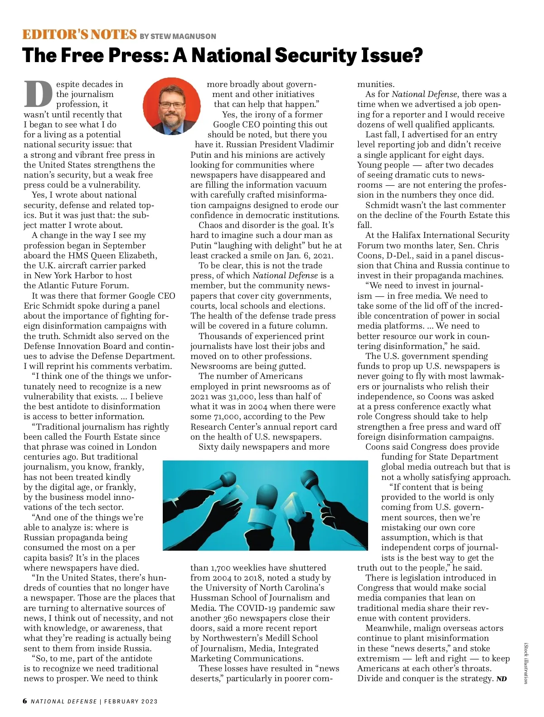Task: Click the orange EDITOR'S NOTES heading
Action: [80, 35]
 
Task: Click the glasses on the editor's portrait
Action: [172, 105]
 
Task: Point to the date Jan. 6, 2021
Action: [311, 256]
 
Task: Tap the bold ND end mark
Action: [501, 679]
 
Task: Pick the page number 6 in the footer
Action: [25, 701]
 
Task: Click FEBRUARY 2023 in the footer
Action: [131, 702]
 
